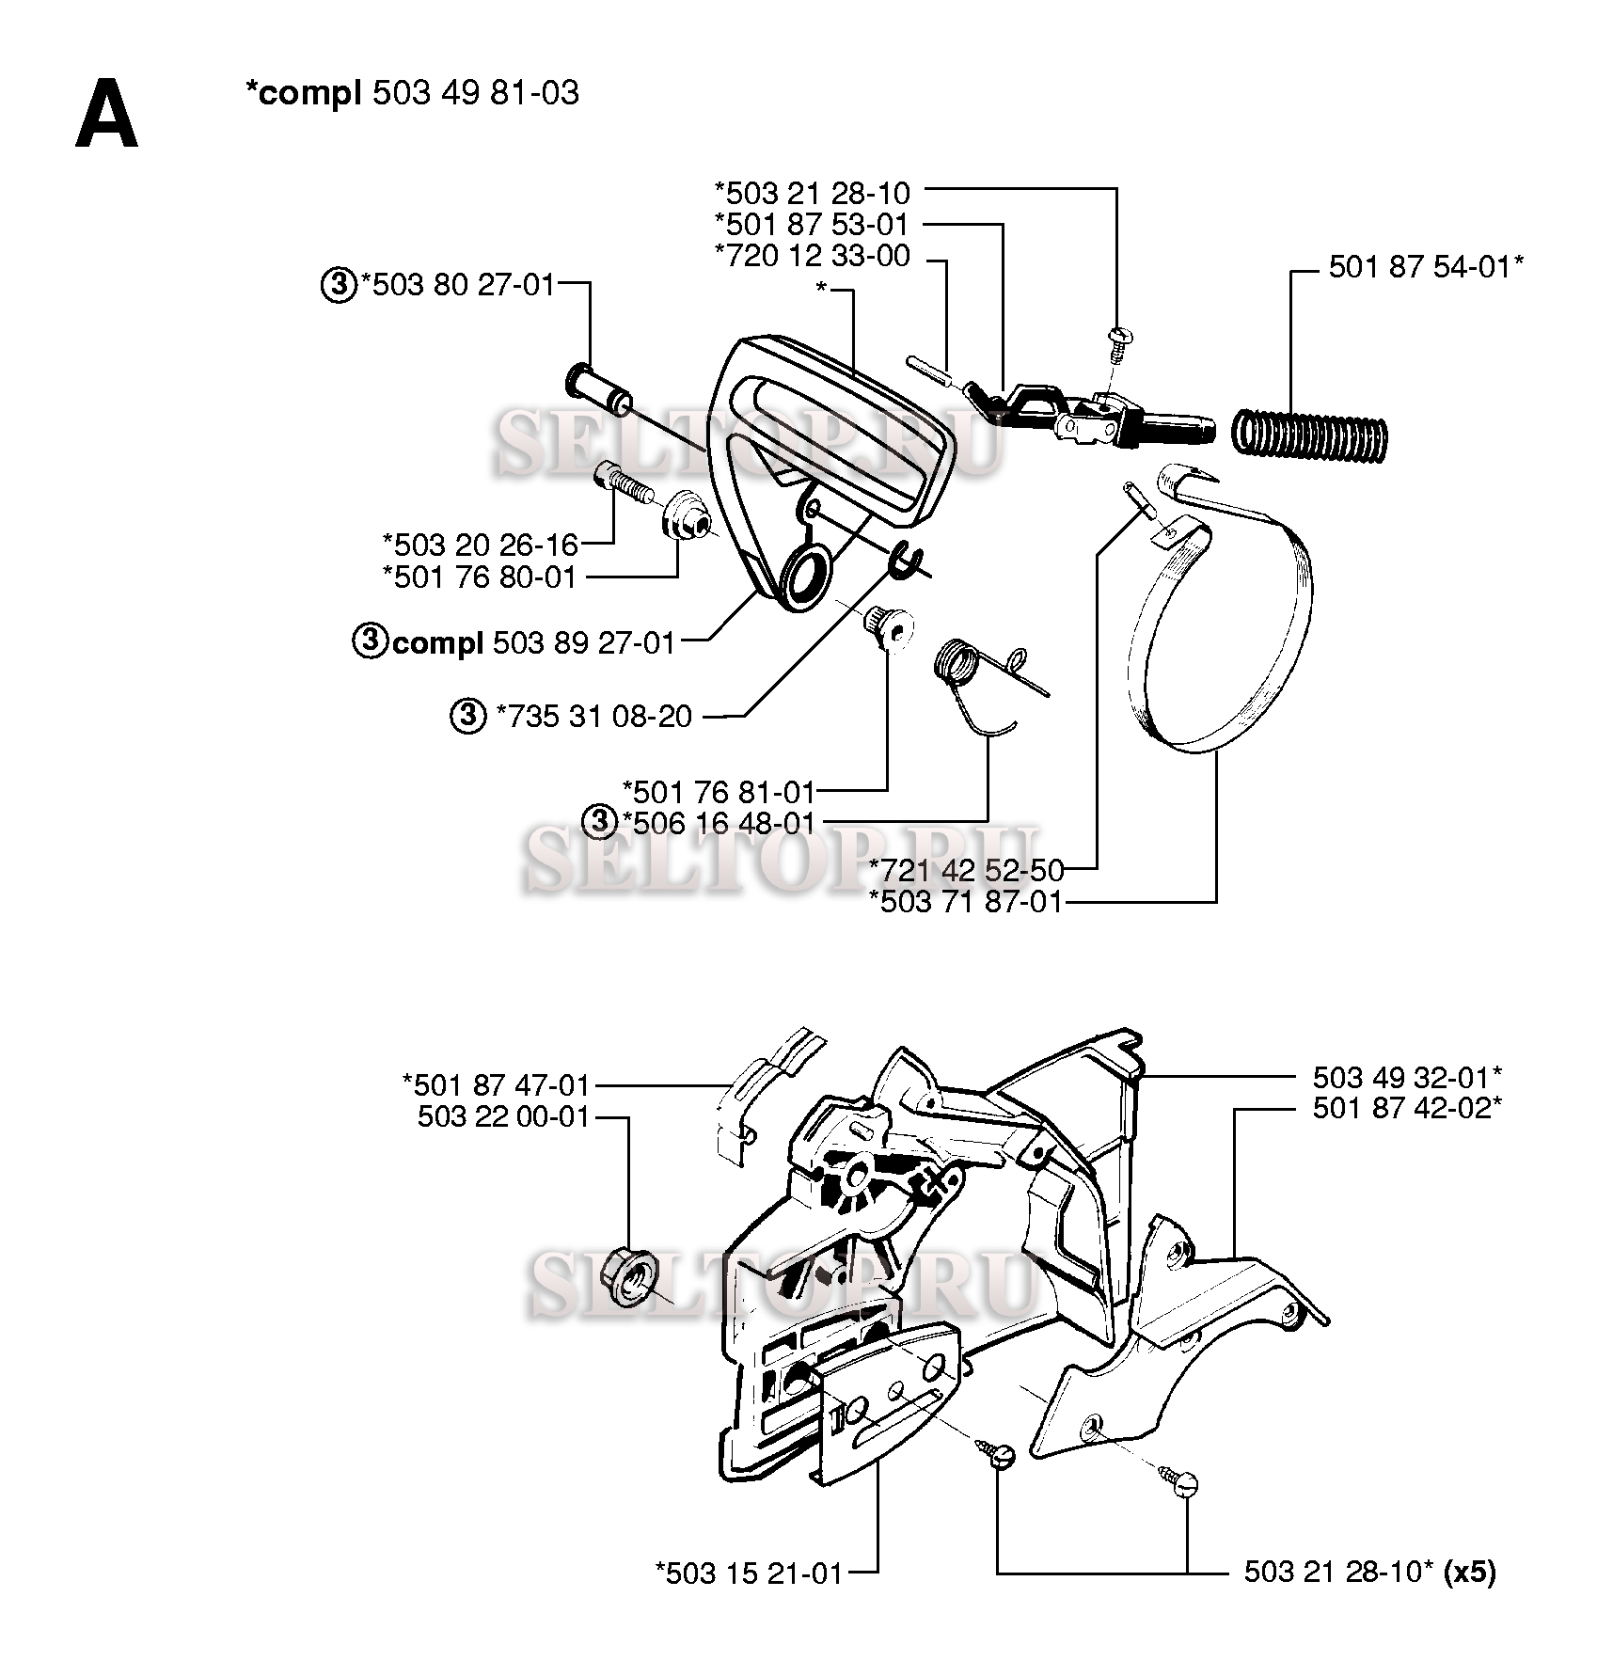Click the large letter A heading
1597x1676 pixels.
(x=106, y=114)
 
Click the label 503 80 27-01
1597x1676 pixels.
(x=458, y=285)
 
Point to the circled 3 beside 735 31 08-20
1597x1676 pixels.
(x=466, y=717)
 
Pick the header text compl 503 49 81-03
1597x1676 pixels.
(x=412, y=93)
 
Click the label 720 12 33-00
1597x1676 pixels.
(x=813, y=256)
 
